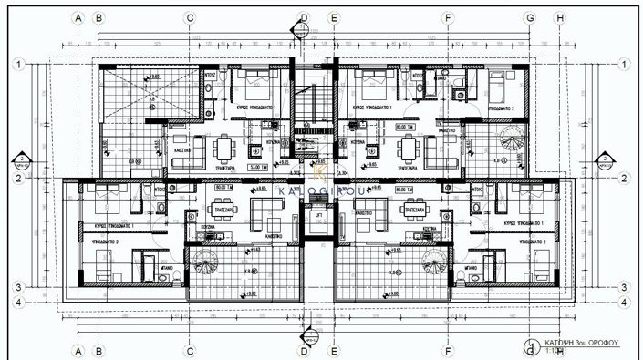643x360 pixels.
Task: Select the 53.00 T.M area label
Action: (257, 168)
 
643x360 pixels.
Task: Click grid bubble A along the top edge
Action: (79, 17)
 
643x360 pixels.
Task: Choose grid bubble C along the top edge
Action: (190, 17)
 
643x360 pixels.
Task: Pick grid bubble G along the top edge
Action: (529, 17)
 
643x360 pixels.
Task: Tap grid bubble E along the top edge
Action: (334, 17)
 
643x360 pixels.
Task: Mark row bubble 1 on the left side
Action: (17, 65)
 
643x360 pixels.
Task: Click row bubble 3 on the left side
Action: (17, 286)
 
